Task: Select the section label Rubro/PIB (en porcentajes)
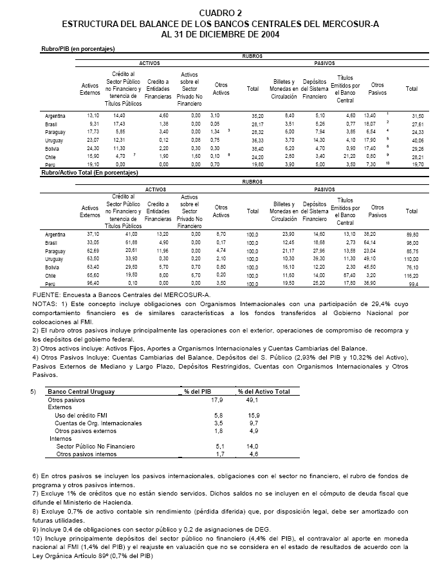(x=82, y=48)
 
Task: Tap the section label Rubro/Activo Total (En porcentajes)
(x=89, y=173)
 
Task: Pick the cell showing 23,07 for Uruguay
(x=88, y=139)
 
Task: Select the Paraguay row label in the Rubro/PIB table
(x=56, y=131)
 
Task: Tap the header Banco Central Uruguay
(x=79, y=391)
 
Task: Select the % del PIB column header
(x=199, y=391)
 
